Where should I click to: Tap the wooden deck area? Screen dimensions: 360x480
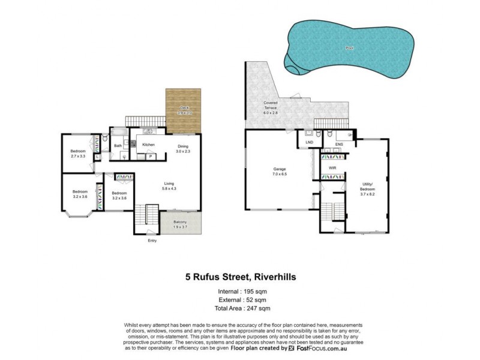click(x=184, y=111)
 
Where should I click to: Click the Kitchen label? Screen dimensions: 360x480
click(x=148, y=145)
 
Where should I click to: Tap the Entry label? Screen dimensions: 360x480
click(x=152, y=241)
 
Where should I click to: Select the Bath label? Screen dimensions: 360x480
click(x=118, y=145)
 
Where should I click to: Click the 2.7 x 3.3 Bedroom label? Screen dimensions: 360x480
click(x=79, y=155)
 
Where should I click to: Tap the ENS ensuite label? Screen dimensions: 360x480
click(x=339, y=144)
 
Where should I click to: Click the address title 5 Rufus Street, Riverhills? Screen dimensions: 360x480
click(x=239, y=277)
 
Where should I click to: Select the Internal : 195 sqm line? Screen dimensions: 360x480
click(x=239, y=292)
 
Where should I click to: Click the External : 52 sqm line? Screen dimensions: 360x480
click(x=239, y=299)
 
